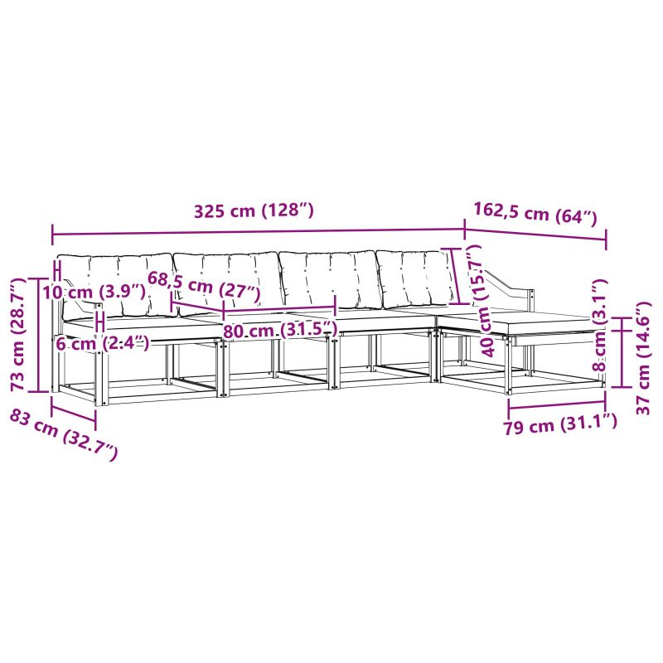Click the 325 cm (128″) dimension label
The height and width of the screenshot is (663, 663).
tap(254, 211)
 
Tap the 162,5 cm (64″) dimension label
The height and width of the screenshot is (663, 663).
tap(535, 214)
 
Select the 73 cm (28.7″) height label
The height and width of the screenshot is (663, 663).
tap(18, 335)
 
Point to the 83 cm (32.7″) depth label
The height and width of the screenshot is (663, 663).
tap(64, 434)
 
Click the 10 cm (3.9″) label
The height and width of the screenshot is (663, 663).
tap(94, 292)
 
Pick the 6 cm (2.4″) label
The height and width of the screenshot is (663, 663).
tap(102, 343)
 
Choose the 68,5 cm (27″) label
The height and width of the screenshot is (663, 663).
tap(204, 287)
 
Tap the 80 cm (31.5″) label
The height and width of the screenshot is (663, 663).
tap(280, 330)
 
